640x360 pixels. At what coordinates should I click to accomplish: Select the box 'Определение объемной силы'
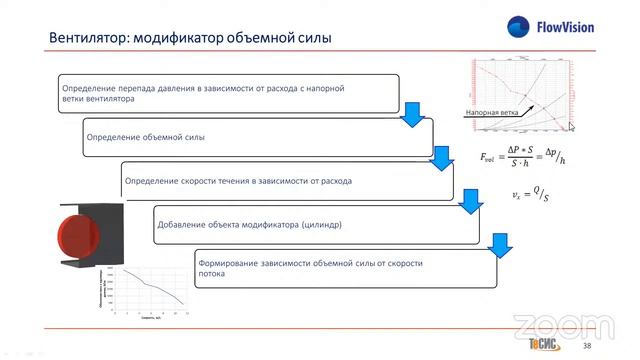(x=240, y=135)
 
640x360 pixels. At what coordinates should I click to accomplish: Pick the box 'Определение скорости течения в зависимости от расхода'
(x=285, y=181)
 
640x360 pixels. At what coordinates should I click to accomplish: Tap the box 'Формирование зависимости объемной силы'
(x=345, y=268)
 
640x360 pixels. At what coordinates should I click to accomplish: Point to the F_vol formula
(x=522, y=156)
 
